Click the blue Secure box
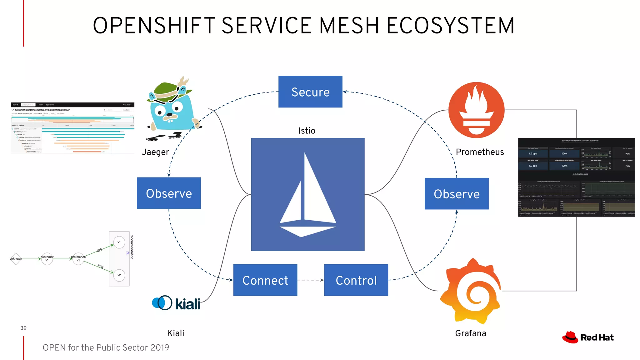point(310,92)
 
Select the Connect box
point(265,280)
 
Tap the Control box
point(356,280)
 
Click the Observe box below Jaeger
point(169,193)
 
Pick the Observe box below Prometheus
point(456,194)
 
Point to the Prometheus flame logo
point(476,110)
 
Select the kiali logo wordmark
point(187,304)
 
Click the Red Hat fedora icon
point(570,337)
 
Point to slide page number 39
point(23,328)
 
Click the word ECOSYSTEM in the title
point(450,26)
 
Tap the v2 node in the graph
point(119,275)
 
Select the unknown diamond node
point(16,259)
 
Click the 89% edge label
point(100,250)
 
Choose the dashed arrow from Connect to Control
point(310,280)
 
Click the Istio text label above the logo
point(307,131)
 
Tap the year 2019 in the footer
point(159,347)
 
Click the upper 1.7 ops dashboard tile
point(533,153)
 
